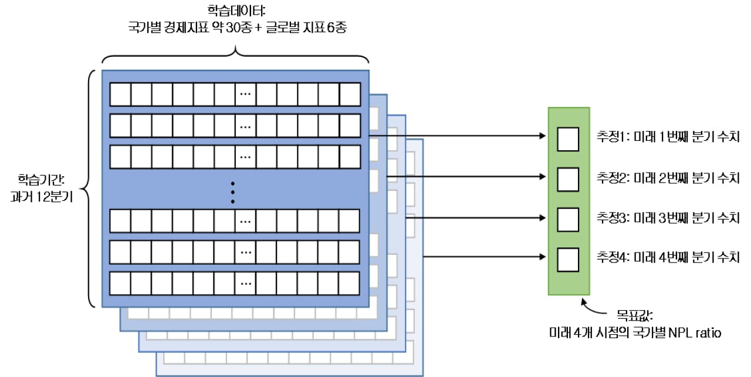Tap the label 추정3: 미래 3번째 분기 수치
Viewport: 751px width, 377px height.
tap(667, 218)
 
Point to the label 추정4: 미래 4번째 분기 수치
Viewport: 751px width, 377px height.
tap(667, 257)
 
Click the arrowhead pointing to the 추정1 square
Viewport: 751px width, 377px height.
tap(542, 136)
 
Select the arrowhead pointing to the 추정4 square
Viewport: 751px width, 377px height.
tap(542, 257)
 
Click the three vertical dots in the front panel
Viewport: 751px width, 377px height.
tap(233, 191)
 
